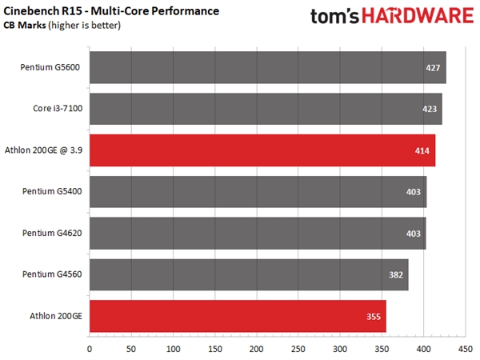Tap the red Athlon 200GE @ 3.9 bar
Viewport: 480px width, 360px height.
pos(262,150)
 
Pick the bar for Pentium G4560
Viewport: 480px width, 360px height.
pos(249,274)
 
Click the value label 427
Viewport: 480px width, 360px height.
pos(434,68)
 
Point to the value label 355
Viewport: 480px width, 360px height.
pos(374,316)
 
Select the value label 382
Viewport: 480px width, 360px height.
pos(396,274)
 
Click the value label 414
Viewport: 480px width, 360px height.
pos(422,150)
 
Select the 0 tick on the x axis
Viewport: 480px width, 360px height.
pos(89,349)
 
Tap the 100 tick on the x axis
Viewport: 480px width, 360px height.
pos(173,349)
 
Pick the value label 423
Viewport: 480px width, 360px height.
pos(430,110)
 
